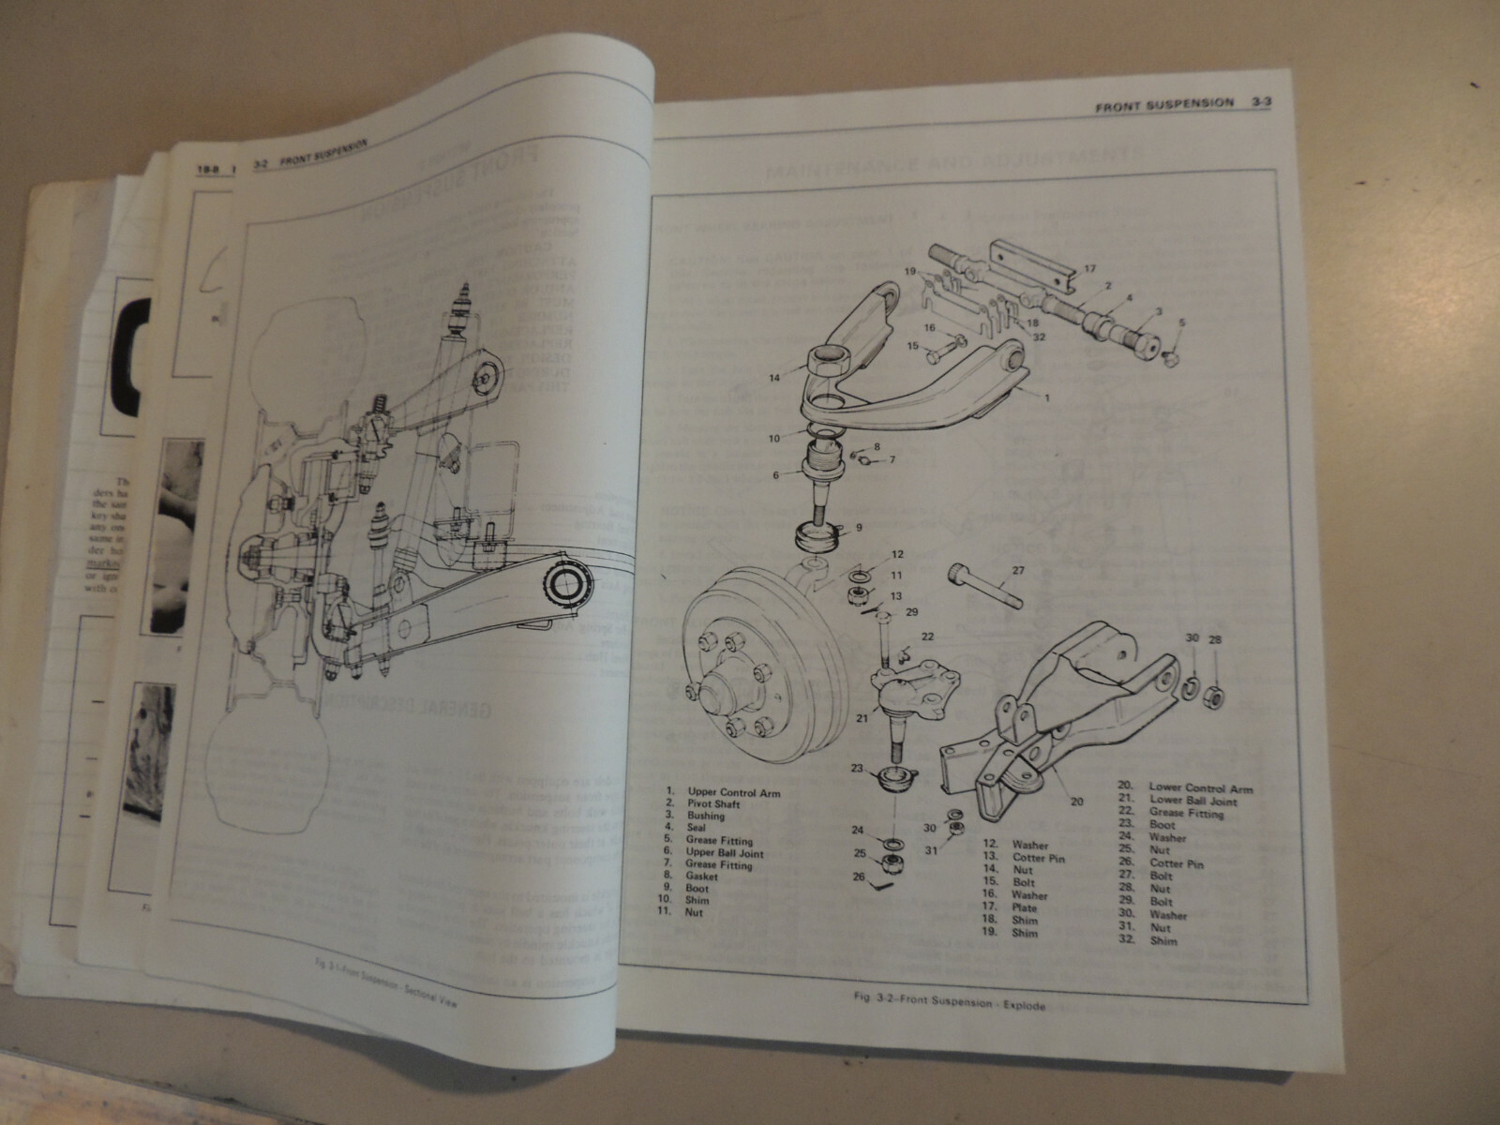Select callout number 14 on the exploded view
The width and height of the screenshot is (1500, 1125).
pyautogui.click(x=774, y=379)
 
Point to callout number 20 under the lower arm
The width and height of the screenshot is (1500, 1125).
pyautogui.click(x=1076, y=802)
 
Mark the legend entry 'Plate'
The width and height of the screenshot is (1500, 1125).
pyautogui.click(x=1025, y=907)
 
